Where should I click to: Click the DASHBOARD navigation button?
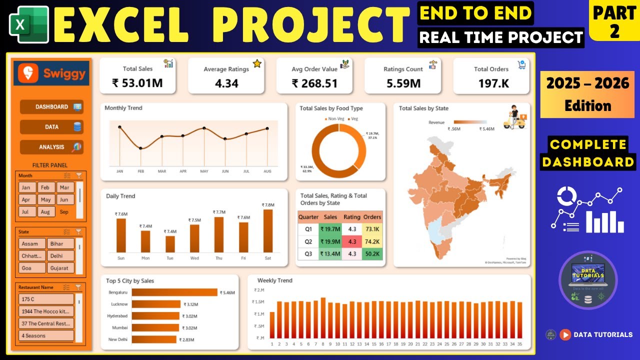point(51,107)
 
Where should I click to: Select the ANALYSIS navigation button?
point(51,147)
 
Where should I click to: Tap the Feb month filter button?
point(45,187)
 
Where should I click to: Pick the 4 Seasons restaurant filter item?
point(46,335)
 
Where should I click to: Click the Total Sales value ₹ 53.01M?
point(137,83)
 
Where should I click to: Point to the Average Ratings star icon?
point(257,63)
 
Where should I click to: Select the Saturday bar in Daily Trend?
point(268,230)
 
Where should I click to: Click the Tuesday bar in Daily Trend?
point(170,244)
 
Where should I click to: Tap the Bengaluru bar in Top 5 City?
point(174,292)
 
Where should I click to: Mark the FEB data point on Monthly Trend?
point(140,148)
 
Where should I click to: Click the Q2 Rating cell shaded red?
point(352,241)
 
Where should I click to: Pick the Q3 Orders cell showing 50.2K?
point(372,253)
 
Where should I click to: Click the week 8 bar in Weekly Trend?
point(323,318)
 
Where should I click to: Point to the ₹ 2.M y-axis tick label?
point(258,290)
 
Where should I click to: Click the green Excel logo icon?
point(28,24)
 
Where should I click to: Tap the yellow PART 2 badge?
point(614,21)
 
